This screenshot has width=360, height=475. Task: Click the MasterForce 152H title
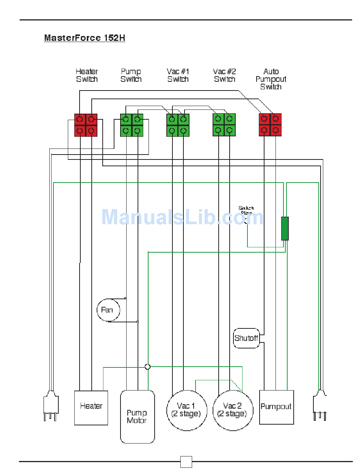click(x=85, y=38)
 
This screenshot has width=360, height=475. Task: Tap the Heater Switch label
click(x=87, y=75)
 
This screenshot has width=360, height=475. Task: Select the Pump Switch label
click(x=131, y=75)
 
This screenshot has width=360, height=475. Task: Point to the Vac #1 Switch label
click(x=178, y=75)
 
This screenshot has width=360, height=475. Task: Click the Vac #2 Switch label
click(x=225, y=75)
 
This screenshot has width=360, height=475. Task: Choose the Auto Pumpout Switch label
click(x=271, y=79)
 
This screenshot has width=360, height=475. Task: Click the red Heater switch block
click(x=86, y=125)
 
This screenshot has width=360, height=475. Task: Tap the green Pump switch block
click(x=132, y=125)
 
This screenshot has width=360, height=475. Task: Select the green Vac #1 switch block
click(x=178, y=125)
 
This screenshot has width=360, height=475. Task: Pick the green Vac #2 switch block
click(x=224, y=125)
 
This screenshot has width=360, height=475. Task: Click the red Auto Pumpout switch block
click(x=271, y=125)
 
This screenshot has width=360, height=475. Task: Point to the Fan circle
click(x=108, y=310)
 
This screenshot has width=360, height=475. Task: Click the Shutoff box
click(x=247, y=338)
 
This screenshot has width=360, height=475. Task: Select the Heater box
click(x=91, y=408)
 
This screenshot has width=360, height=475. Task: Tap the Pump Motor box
click(x=137, y=417)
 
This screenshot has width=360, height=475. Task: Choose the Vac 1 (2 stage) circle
click(x=186, y=410)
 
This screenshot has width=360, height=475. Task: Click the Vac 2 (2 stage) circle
click(x=233, y=410)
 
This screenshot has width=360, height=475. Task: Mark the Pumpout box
click(x=277, y=407)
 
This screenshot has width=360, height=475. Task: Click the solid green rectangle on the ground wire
click(x=285, y=228)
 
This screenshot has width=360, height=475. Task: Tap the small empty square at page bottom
click(x=186, y=462)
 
